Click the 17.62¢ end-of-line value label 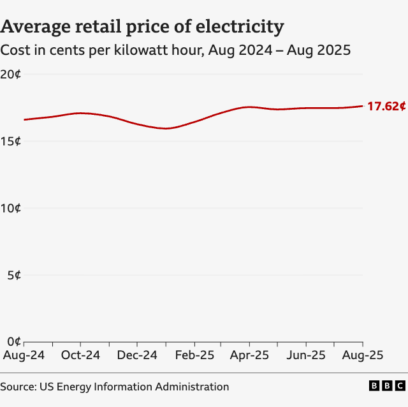click(386, 107)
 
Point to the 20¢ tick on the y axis click(11, 74)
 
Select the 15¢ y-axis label click(11, 141)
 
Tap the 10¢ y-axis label click(11, 209)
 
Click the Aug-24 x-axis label click(24, 355)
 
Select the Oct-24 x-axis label click(80, 355)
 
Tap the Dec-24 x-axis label click(137, 355)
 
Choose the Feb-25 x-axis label click(194, 355)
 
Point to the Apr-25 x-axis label click(250, 355)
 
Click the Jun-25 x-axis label click(307, 355)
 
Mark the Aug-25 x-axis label click(362, 355)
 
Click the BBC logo click(387, 386)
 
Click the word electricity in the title click(243, 27)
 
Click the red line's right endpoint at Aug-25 click(363, 106)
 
